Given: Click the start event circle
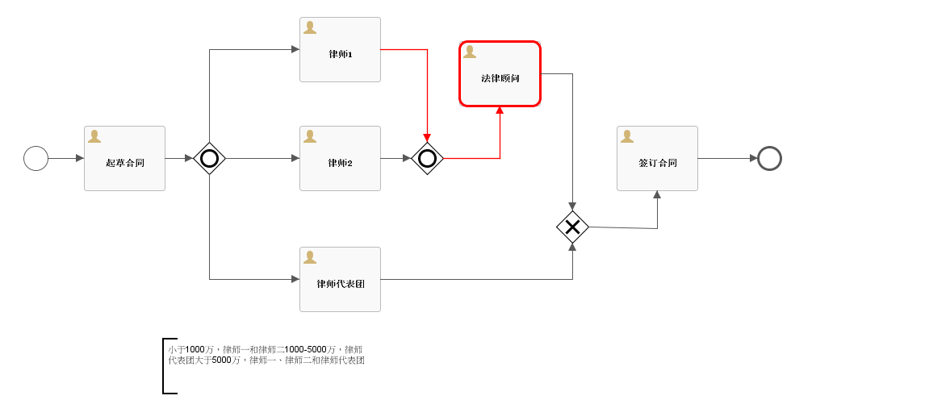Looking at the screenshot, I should tap(36, 158).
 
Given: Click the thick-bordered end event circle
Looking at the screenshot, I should tap(769, 158).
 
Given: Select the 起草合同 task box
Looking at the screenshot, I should tap(124, 159).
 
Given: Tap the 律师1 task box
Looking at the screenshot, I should tap(340, 50).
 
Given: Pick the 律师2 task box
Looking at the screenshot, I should tap(340, 159).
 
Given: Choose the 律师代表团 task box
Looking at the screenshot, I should tap(340, 280).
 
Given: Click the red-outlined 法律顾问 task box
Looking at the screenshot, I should tap(500, 74).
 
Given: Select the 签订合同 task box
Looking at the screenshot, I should tap(657, 159).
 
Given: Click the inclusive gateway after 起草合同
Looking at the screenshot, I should tap(209, 158).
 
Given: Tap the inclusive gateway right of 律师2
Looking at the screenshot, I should tap(427, 158).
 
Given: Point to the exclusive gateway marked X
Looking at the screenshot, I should tap(572, 227).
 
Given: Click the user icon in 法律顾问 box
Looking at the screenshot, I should tap(470, 52).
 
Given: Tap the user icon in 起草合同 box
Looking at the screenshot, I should tap(94, 136).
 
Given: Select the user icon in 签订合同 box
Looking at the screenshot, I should tap(627, 136).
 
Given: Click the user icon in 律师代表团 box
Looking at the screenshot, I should tap(310, 257).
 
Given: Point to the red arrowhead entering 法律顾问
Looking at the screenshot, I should tap(500, 110).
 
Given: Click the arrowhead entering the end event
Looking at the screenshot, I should tap(753, 158).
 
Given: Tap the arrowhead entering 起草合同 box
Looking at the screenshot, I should tap(80, 158).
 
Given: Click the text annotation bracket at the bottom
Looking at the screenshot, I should tap(165, 365).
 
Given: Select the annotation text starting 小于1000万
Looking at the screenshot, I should tap(266, 355).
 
